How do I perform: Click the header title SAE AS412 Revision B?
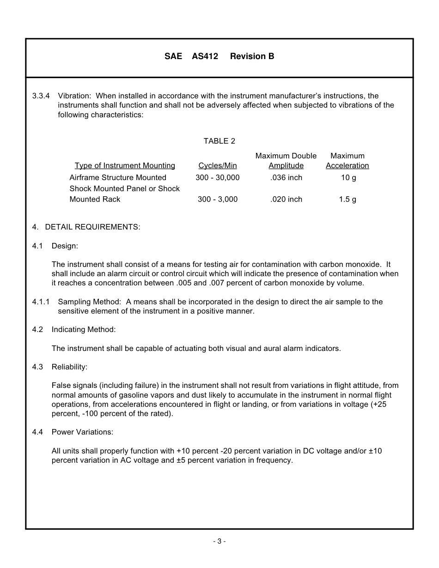(219, 56)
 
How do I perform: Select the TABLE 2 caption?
(219, 141)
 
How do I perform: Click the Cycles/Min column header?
(217, 166)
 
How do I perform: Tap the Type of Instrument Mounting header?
(125, 166)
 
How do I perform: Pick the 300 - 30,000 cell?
(217, 178)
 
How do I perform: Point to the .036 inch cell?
(286, 178)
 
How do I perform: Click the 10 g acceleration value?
(348, 178)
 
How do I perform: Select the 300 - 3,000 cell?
(217, 199)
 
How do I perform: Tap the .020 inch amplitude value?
(286, 199)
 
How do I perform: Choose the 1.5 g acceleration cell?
(348, 199)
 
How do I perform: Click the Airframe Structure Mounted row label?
(118, 178)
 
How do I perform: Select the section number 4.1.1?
(41, 302)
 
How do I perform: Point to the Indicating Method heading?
(84, 330)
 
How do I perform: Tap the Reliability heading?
(69, 367)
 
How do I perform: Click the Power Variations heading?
(82, 432)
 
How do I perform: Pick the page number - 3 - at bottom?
(219, 541)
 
